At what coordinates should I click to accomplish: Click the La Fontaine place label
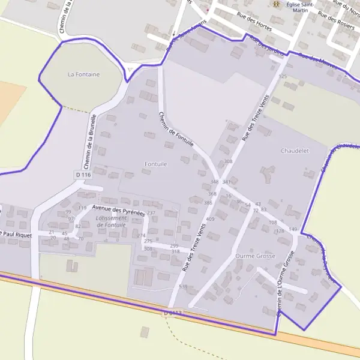pyautogui.click(x=84, y=74)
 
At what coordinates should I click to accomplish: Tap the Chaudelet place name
pyautogui.click(x=295, y=151)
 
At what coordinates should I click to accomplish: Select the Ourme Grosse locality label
pyautogui.click(x=255, y=256)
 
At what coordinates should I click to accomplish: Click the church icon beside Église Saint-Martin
pyautogui.click(x=276, y=5)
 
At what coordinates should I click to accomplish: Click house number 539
pyautogui.click(x=183, y=287)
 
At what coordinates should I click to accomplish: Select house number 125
pyautogui.click(x=283, y=77)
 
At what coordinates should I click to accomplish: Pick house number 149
pyautogui.click(x=293, y=230)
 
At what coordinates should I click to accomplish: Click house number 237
pyautogui.click(x=151, y=213)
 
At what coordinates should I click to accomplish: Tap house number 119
pyautogui.click(x=82, y=208)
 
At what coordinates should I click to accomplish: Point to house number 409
pyautogui.click(x=210, y=219)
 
